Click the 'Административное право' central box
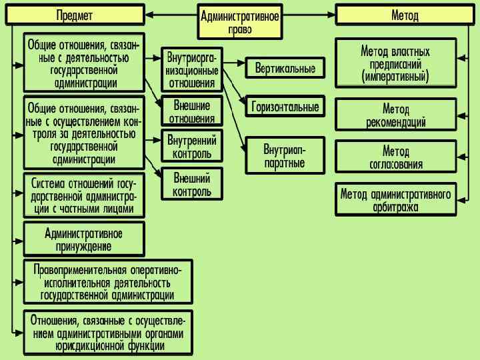240,21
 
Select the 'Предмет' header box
75,15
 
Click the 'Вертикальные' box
285,68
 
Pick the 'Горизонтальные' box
285,107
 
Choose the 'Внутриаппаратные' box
285,154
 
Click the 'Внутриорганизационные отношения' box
192,69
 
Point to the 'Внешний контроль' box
192,185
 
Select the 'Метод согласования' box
396,157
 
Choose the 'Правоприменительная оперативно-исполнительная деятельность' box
107,281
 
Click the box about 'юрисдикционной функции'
107,331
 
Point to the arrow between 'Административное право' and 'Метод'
308,14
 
